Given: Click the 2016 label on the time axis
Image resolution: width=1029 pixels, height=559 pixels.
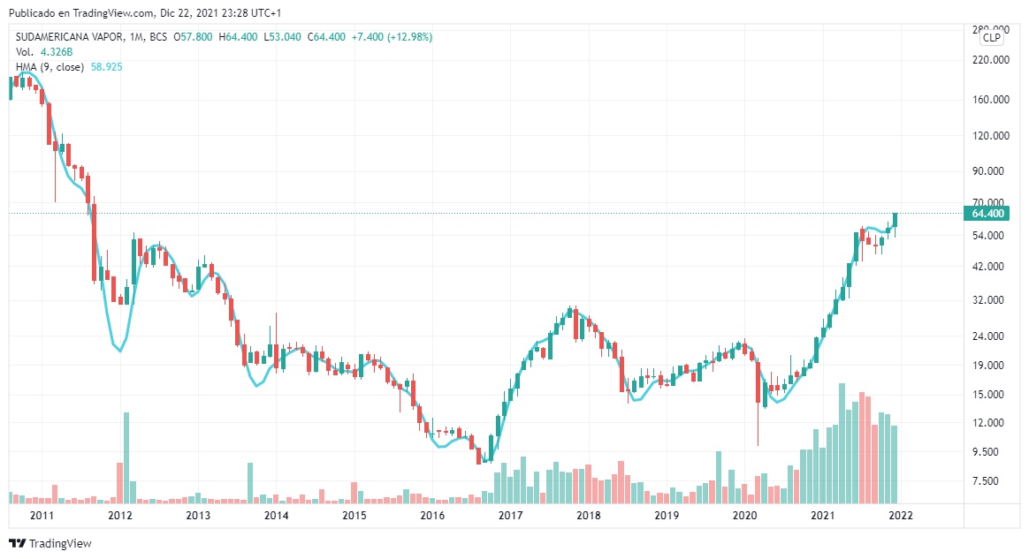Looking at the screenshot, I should pyautogui.click(x=431, y=516).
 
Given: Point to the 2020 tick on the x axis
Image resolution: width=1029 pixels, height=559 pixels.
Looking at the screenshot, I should pyautogui.click(x=744, y=516).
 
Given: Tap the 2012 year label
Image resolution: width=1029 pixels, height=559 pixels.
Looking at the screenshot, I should pyautogui.click(x=120, y=516).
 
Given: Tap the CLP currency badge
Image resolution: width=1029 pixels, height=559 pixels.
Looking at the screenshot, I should pyautogui.click(x=992, y=37).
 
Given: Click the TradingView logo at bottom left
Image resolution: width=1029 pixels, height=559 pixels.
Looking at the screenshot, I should pyautogui.click(x=50, y=544).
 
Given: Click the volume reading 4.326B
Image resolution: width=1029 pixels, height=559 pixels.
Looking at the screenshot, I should pyautogui.click(x=56, y=52).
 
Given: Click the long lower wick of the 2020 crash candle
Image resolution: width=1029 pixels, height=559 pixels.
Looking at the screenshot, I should pyautogui.click(x=758, y=424).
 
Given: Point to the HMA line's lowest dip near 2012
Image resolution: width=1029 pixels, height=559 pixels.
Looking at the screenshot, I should pyautogui.click(x=119, y=351).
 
